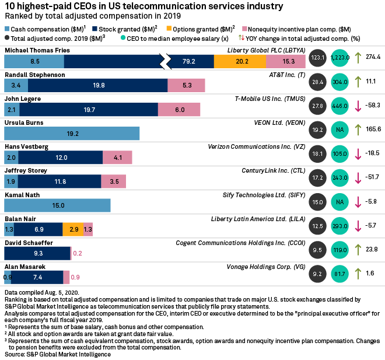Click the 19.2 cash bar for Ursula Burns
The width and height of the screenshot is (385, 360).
click(72, 133)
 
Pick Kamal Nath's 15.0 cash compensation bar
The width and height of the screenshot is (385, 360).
click(57, 205)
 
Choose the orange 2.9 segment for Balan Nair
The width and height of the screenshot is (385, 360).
click(73, 229)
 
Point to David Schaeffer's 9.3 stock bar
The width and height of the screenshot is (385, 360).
click(37, 253)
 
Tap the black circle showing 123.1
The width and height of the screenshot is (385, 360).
click(317, 58)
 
